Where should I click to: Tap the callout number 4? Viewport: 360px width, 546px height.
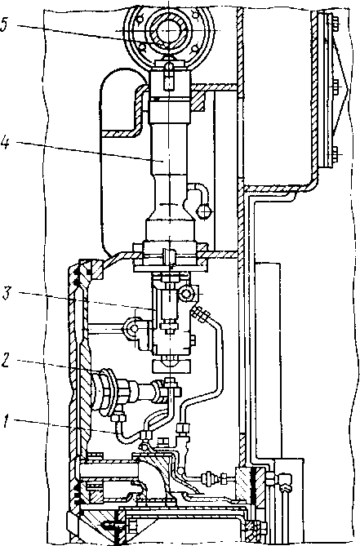pos(5,143)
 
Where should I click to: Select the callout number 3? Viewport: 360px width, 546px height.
pos(7,292)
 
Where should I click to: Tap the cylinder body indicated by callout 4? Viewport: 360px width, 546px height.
pos(170,164)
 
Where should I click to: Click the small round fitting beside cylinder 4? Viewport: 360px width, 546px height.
pos(204,211)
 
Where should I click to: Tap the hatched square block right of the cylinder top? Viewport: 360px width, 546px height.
pos(198,102)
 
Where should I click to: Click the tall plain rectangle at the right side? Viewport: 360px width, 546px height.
pos(268,359)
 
